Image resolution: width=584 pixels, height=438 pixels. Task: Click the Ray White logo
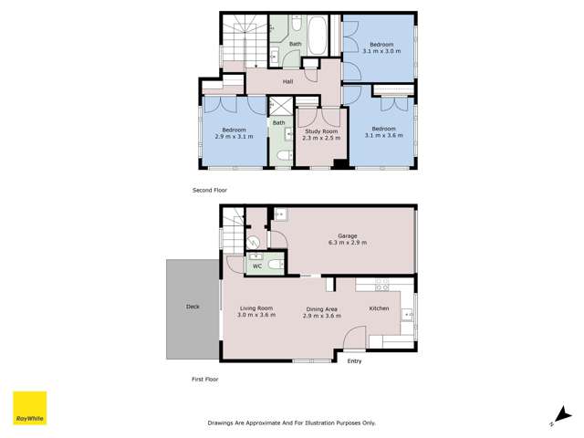[29, 408]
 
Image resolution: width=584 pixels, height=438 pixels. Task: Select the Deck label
[193, 308]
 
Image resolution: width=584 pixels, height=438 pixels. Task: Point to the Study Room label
[320, 132]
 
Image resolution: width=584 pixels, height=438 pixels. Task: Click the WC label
[271, 266]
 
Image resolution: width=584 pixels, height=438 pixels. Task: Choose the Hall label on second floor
[287, 82]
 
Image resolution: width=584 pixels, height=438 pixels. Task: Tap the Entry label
[354, 361]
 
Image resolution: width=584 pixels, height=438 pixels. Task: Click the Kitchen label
[379, 308]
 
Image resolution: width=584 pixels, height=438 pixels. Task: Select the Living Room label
[256, 308]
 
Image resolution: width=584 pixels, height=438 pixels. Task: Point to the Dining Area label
[322, 308]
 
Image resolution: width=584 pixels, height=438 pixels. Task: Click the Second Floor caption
[209, 190]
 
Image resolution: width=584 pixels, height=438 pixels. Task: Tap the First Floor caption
[205, 379]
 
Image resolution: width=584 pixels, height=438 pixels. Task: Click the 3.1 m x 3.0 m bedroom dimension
[381, 51]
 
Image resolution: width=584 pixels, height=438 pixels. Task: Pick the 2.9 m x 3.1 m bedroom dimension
[234, 136]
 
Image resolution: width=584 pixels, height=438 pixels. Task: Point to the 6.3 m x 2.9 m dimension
[342, 245]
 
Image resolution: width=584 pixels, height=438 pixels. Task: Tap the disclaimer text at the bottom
[291, 422]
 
